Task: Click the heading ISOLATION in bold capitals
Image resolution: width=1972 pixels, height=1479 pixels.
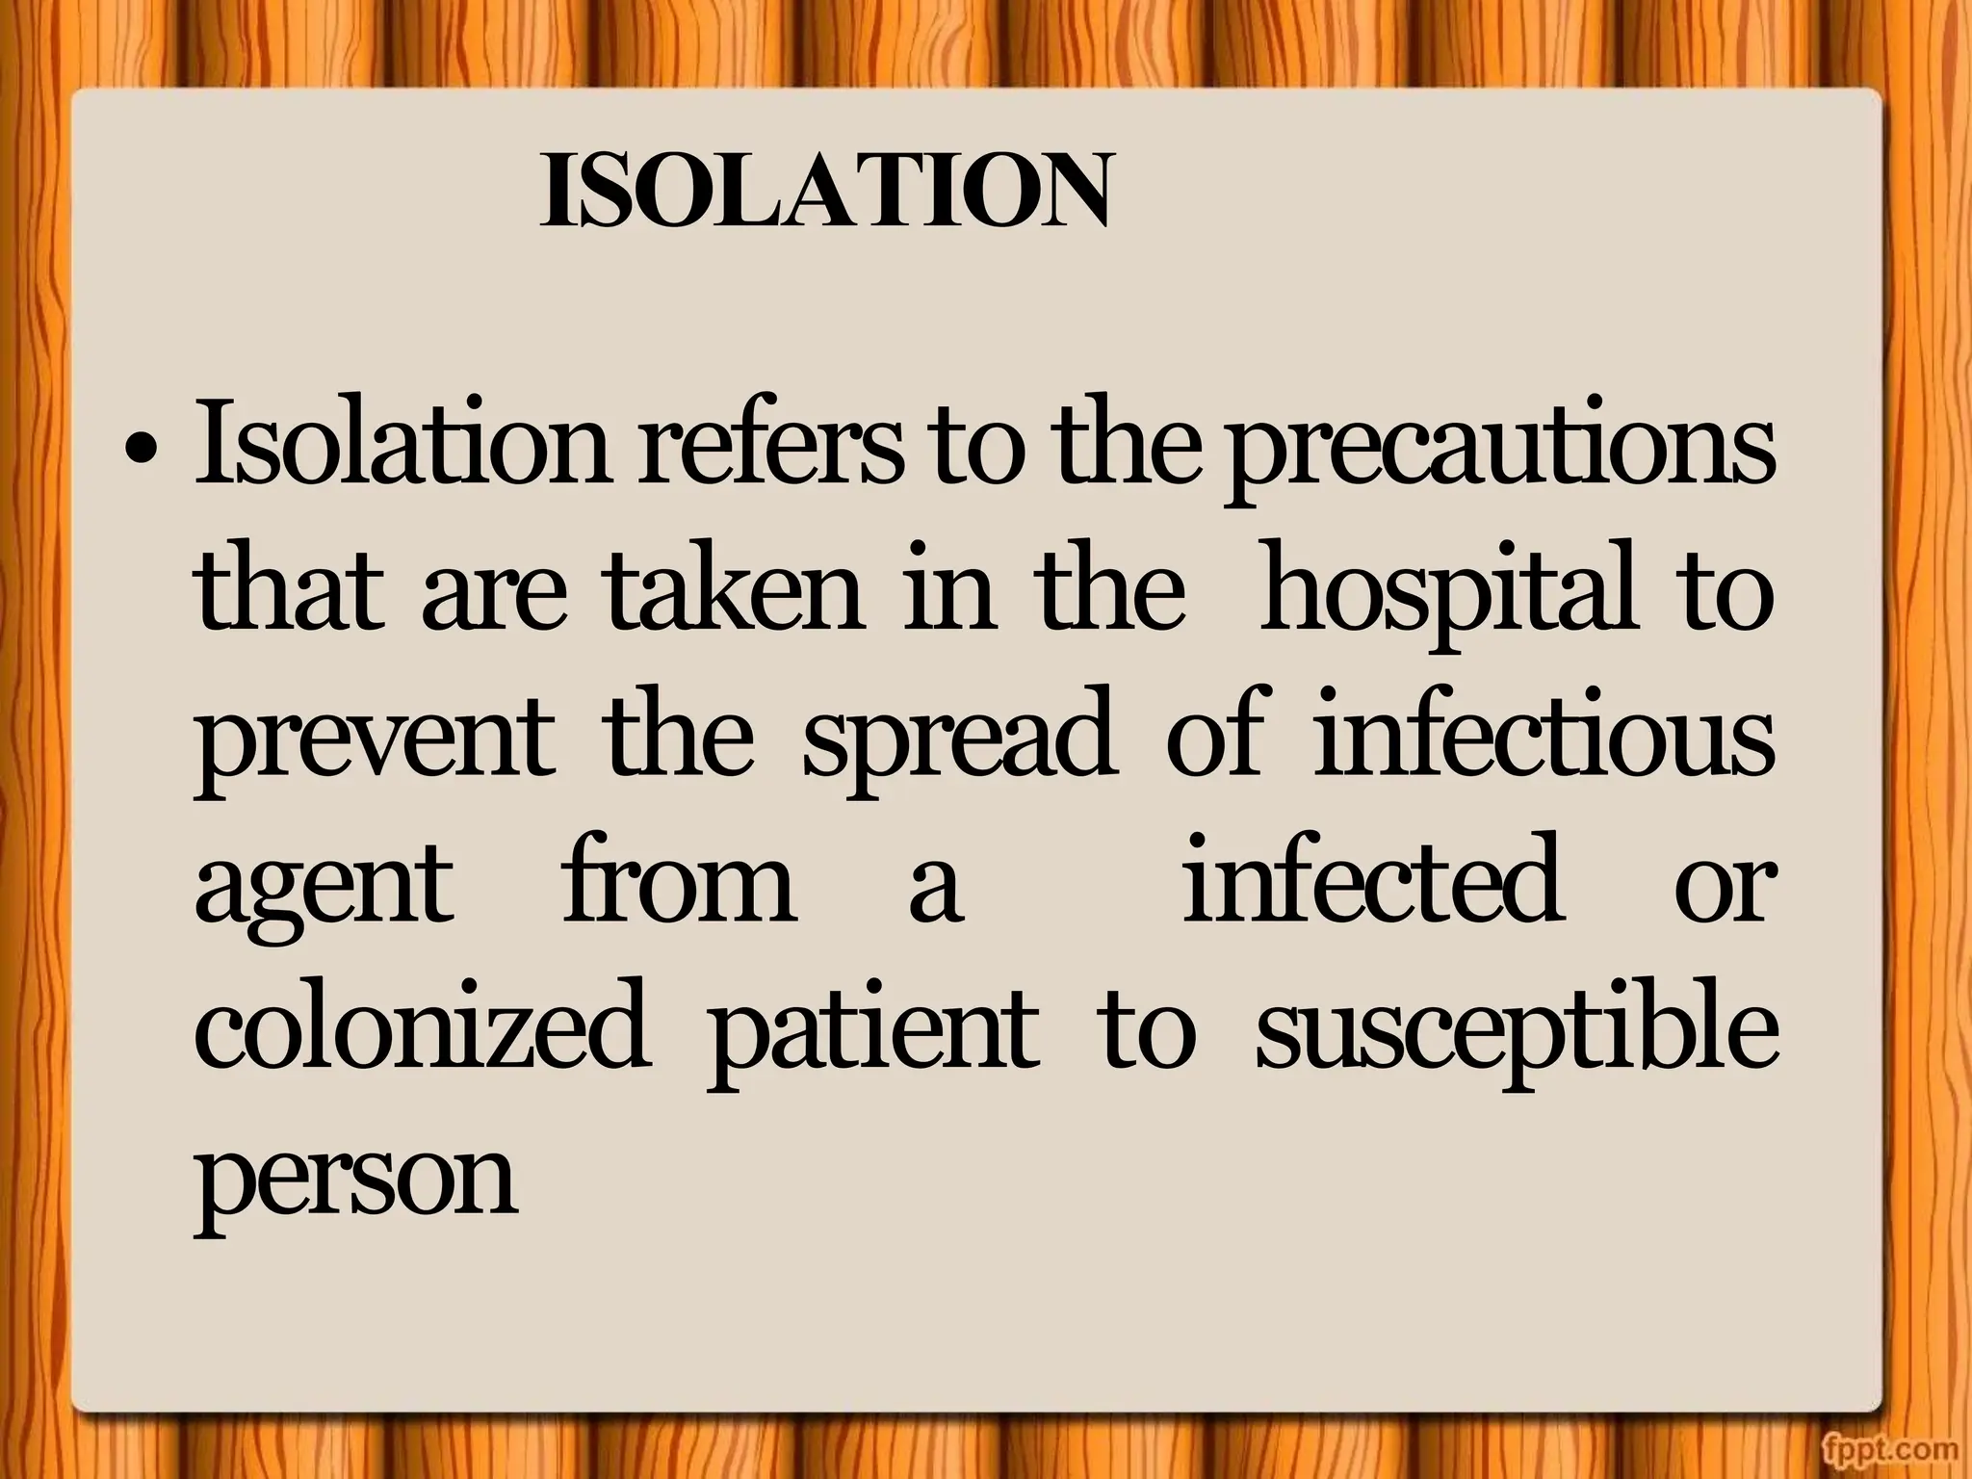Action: pos(825,191)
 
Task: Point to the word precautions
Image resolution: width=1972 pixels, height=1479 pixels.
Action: pos(1499,453)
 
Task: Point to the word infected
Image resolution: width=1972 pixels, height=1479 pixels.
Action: pos(1371,878)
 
